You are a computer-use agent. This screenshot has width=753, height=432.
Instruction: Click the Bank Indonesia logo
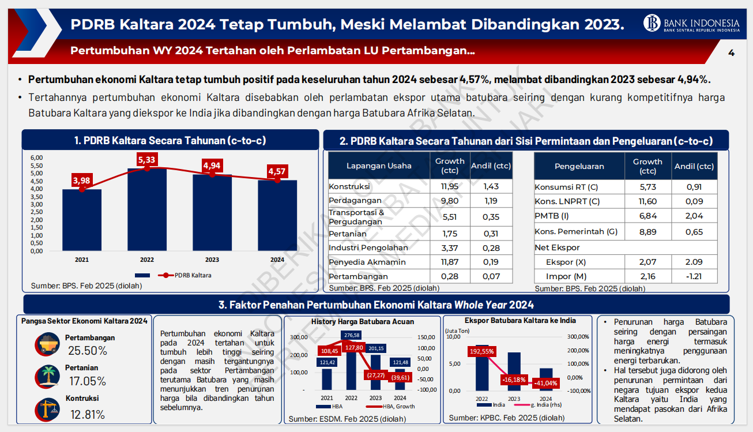pos(653,23)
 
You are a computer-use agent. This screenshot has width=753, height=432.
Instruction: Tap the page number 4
pos(731,52)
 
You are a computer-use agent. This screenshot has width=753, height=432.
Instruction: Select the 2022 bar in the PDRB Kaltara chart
pos(147,211)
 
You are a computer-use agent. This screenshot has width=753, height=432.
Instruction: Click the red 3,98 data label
pos(82,181)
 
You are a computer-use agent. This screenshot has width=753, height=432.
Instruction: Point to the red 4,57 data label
pos(277,171)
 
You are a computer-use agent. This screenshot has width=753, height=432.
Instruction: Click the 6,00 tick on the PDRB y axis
pos(36,157)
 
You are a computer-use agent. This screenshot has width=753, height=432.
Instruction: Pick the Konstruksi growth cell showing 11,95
pos(449,186)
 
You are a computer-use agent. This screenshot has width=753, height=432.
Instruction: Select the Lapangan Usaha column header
pos(379,166)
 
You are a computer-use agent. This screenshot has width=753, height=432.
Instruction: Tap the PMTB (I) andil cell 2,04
pos(694,216)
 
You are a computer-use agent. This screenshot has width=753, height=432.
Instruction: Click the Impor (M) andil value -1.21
pos(694,276)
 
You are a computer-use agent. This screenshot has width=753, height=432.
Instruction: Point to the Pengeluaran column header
pos(579,166)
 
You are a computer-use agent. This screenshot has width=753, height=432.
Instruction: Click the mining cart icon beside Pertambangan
pos(47,344)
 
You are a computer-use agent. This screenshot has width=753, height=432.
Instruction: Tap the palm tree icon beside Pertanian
pos(47,375)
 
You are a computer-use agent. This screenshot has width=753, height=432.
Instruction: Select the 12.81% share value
pos(88,414)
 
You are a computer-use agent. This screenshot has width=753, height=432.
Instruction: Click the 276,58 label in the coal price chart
pos(351,335)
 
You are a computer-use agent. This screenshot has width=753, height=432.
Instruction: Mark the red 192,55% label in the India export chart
pos(482,351)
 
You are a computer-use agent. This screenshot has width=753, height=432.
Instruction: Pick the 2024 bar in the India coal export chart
pos(545,380)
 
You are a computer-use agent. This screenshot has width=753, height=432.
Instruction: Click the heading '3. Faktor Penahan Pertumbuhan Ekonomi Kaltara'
pos(376,305)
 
